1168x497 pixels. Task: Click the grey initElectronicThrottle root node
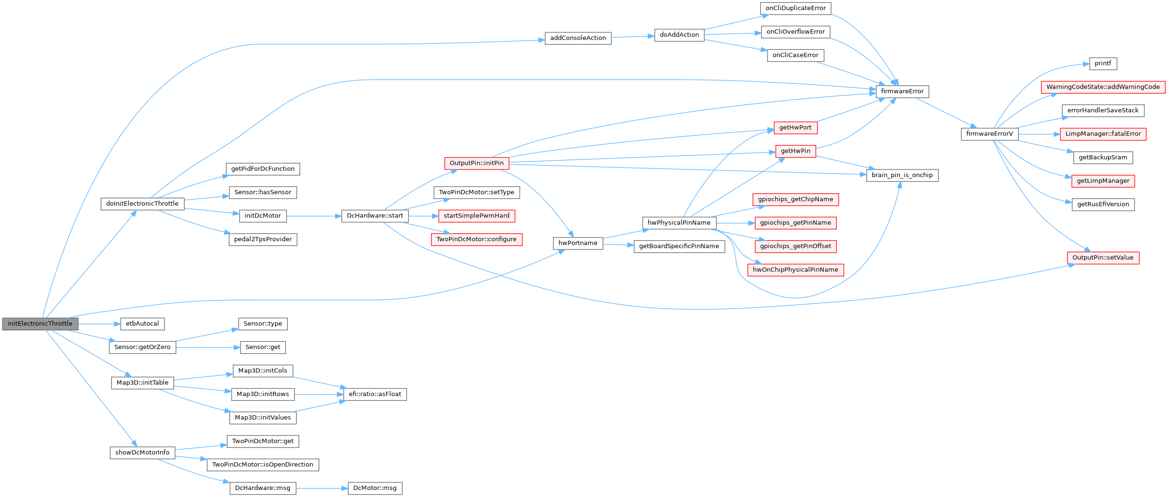pyautogui.click(x=40, y=324)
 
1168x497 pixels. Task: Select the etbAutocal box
pyautogui.click(x=142, y=324)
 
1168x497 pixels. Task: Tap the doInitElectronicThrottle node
pyautogui.click(x=142, y=204)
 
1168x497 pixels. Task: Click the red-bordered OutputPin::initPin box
pyautogui.click(x=477, y=163)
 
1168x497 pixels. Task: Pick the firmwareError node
pyautogui.click(x=902, y=91)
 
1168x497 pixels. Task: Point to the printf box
pyautogui.click(x=1103, y=63)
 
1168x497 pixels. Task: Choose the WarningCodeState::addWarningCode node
pyautogui.click(x=1103, y=87)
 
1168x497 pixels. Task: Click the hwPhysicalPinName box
pyautogui.click(x=679, y=223)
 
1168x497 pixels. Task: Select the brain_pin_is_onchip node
pyautogui.click(x=902, y=175)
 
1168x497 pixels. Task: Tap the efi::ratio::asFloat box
pyautogui.click(x=375, y=394)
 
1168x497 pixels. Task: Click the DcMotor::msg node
pyautogui.click(x=375, y=488)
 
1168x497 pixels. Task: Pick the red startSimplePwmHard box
pyautogui.click(x=477, y=216)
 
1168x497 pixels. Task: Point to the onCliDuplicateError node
pyautogui.click(x=796, y=8)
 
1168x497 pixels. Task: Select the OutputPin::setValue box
pyautogui.click(x=1103, y=258)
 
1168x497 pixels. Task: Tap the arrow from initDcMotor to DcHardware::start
pyautogui.click(x=314, y=216)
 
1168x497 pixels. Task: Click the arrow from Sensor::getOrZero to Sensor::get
pyautogui.click(x=208, y=348)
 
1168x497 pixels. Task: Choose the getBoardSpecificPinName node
pyautogui.click(x=679, y=246)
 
